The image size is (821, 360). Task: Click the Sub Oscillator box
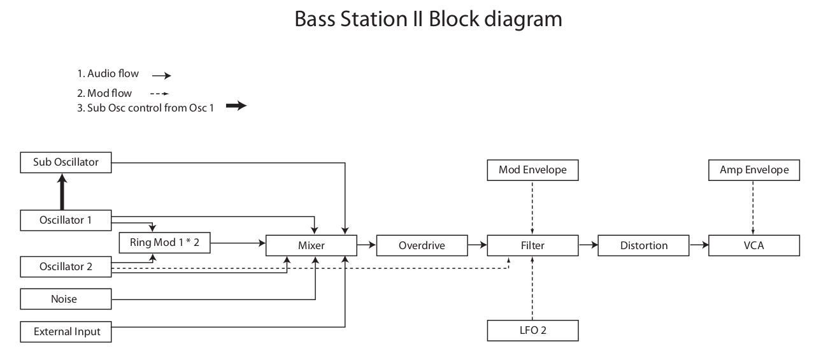[x=66, y=162]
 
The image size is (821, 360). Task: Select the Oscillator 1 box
[x=66, y=220]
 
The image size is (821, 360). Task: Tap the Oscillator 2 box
[x=66, y=267]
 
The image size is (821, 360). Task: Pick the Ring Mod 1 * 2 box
[x=165, y=243]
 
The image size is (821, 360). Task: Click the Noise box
[x=66, y=299]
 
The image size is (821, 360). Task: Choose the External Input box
[x=66, y=332]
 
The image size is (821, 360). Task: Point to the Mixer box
[x=311, y=245]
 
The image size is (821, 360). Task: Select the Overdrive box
[x=421, y=245]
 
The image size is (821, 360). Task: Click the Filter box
[x=532, y=245]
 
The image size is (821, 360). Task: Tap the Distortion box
[x=644, y=245]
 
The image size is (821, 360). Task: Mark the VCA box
[x=753, y=245]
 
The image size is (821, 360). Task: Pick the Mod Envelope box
[x=532, y=169]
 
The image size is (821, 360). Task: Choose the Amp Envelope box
[x=753, y=169]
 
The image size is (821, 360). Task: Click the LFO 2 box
[x=532, y=331]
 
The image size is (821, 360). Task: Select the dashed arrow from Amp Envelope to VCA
[x=753, y=207]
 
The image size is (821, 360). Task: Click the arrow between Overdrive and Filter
[x=476, y=244]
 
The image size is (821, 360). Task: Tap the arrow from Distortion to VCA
[x=699, y=244]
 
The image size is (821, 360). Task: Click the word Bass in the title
[x=317, y=19]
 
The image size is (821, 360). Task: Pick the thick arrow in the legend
[x=236, y=106]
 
